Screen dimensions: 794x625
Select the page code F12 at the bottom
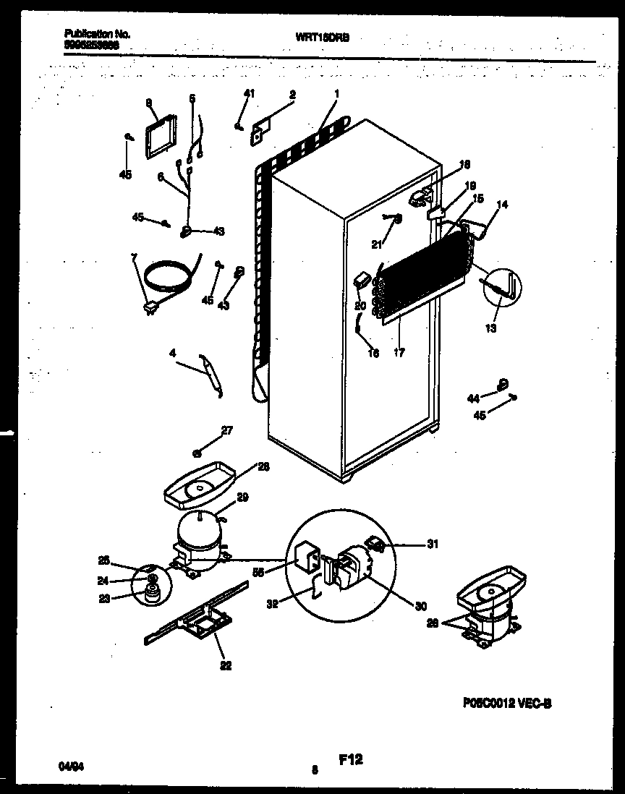(x=350, y=759)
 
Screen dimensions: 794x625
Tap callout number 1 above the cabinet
(x=337, y=93)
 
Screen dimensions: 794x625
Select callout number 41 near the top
(x=249, y=93)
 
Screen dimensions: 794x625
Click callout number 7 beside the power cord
(x=132, y=258)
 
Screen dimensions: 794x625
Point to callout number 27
(x=227, y=430)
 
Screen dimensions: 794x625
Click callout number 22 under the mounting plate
(x=225, y=666)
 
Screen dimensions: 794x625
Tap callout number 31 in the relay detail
(x=432, y=545)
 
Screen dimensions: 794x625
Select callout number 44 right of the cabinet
(x=474, y=398)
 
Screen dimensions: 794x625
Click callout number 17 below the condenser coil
(x=399, y=353)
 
